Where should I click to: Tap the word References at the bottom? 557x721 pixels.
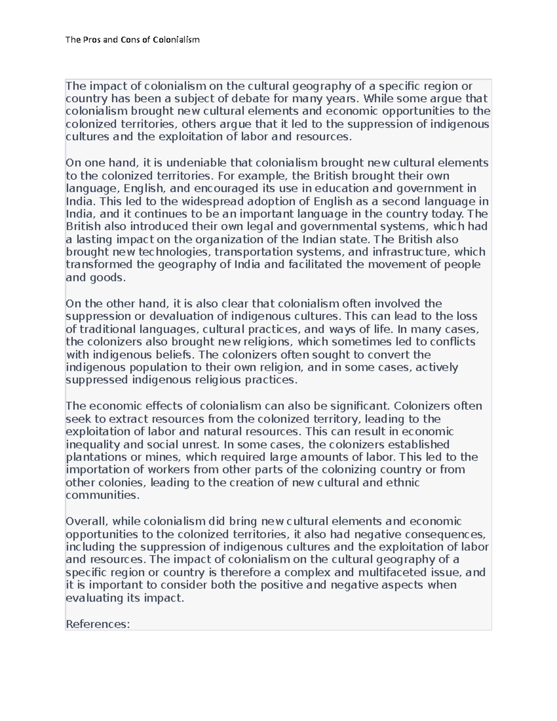pos(97,624)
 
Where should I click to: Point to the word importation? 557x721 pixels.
pos(94,470)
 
